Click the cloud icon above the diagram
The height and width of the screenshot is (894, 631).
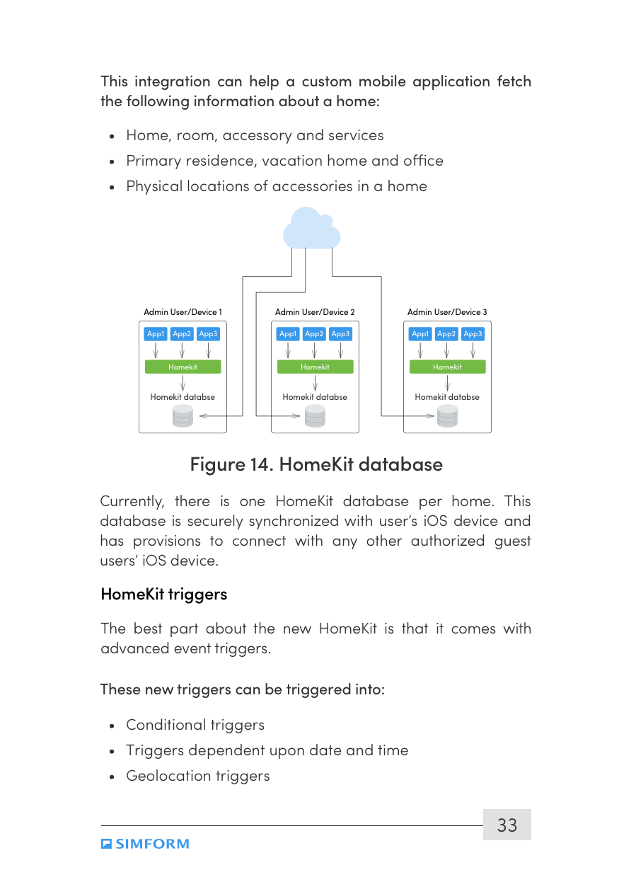[311, 229]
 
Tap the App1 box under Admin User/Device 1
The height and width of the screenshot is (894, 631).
[156, 334]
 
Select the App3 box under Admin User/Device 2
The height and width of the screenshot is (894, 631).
[340, 334]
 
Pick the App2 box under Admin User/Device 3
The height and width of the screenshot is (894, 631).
[446, 334]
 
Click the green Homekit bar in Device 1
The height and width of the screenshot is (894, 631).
[183, 367]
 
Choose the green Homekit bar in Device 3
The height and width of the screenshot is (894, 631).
[447, 367]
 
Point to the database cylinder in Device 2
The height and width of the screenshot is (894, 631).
[315, 417]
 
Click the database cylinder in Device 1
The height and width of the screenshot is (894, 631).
[183, 417]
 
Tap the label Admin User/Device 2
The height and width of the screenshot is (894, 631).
[315, 312]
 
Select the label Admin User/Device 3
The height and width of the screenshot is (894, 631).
[447, 312]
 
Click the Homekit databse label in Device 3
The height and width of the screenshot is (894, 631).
[447, 397]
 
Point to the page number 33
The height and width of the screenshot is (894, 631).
[506, 825]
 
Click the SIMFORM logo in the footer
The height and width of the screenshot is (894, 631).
[145, 844]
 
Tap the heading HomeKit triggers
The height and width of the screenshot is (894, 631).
[164, 594]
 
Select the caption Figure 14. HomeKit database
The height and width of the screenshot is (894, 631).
[316, 464]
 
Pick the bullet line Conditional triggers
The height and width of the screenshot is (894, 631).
[195, 725]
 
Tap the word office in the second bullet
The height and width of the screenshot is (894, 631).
[423, 161]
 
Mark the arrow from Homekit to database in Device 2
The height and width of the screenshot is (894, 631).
[315, 383]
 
